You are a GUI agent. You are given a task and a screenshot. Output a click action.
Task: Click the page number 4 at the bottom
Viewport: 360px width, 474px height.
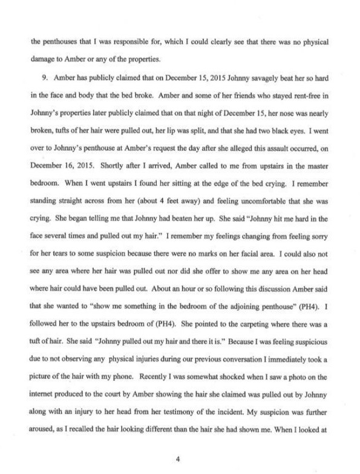178,441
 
